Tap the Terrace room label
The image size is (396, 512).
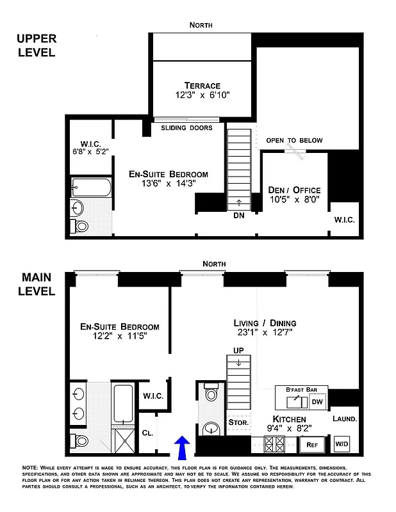coord(202,85)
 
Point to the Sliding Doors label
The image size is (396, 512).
coord(186,128)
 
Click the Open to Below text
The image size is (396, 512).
coord(295,140)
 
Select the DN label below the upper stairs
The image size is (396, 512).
coord(238,215)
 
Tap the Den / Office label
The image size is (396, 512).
coord(297,190)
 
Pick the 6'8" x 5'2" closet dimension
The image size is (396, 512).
coord(89,152)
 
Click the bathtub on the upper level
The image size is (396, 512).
coord(91,188)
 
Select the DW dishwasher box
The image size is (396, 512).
coord(317,402)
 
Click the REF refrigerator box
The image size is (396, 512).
coord(312,444)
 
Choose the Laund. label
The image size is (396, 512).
coord(344,419)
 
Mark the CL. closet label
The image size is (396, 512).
coord(147,432)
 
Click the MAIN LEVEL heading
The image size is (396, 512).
coord(38,284)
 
